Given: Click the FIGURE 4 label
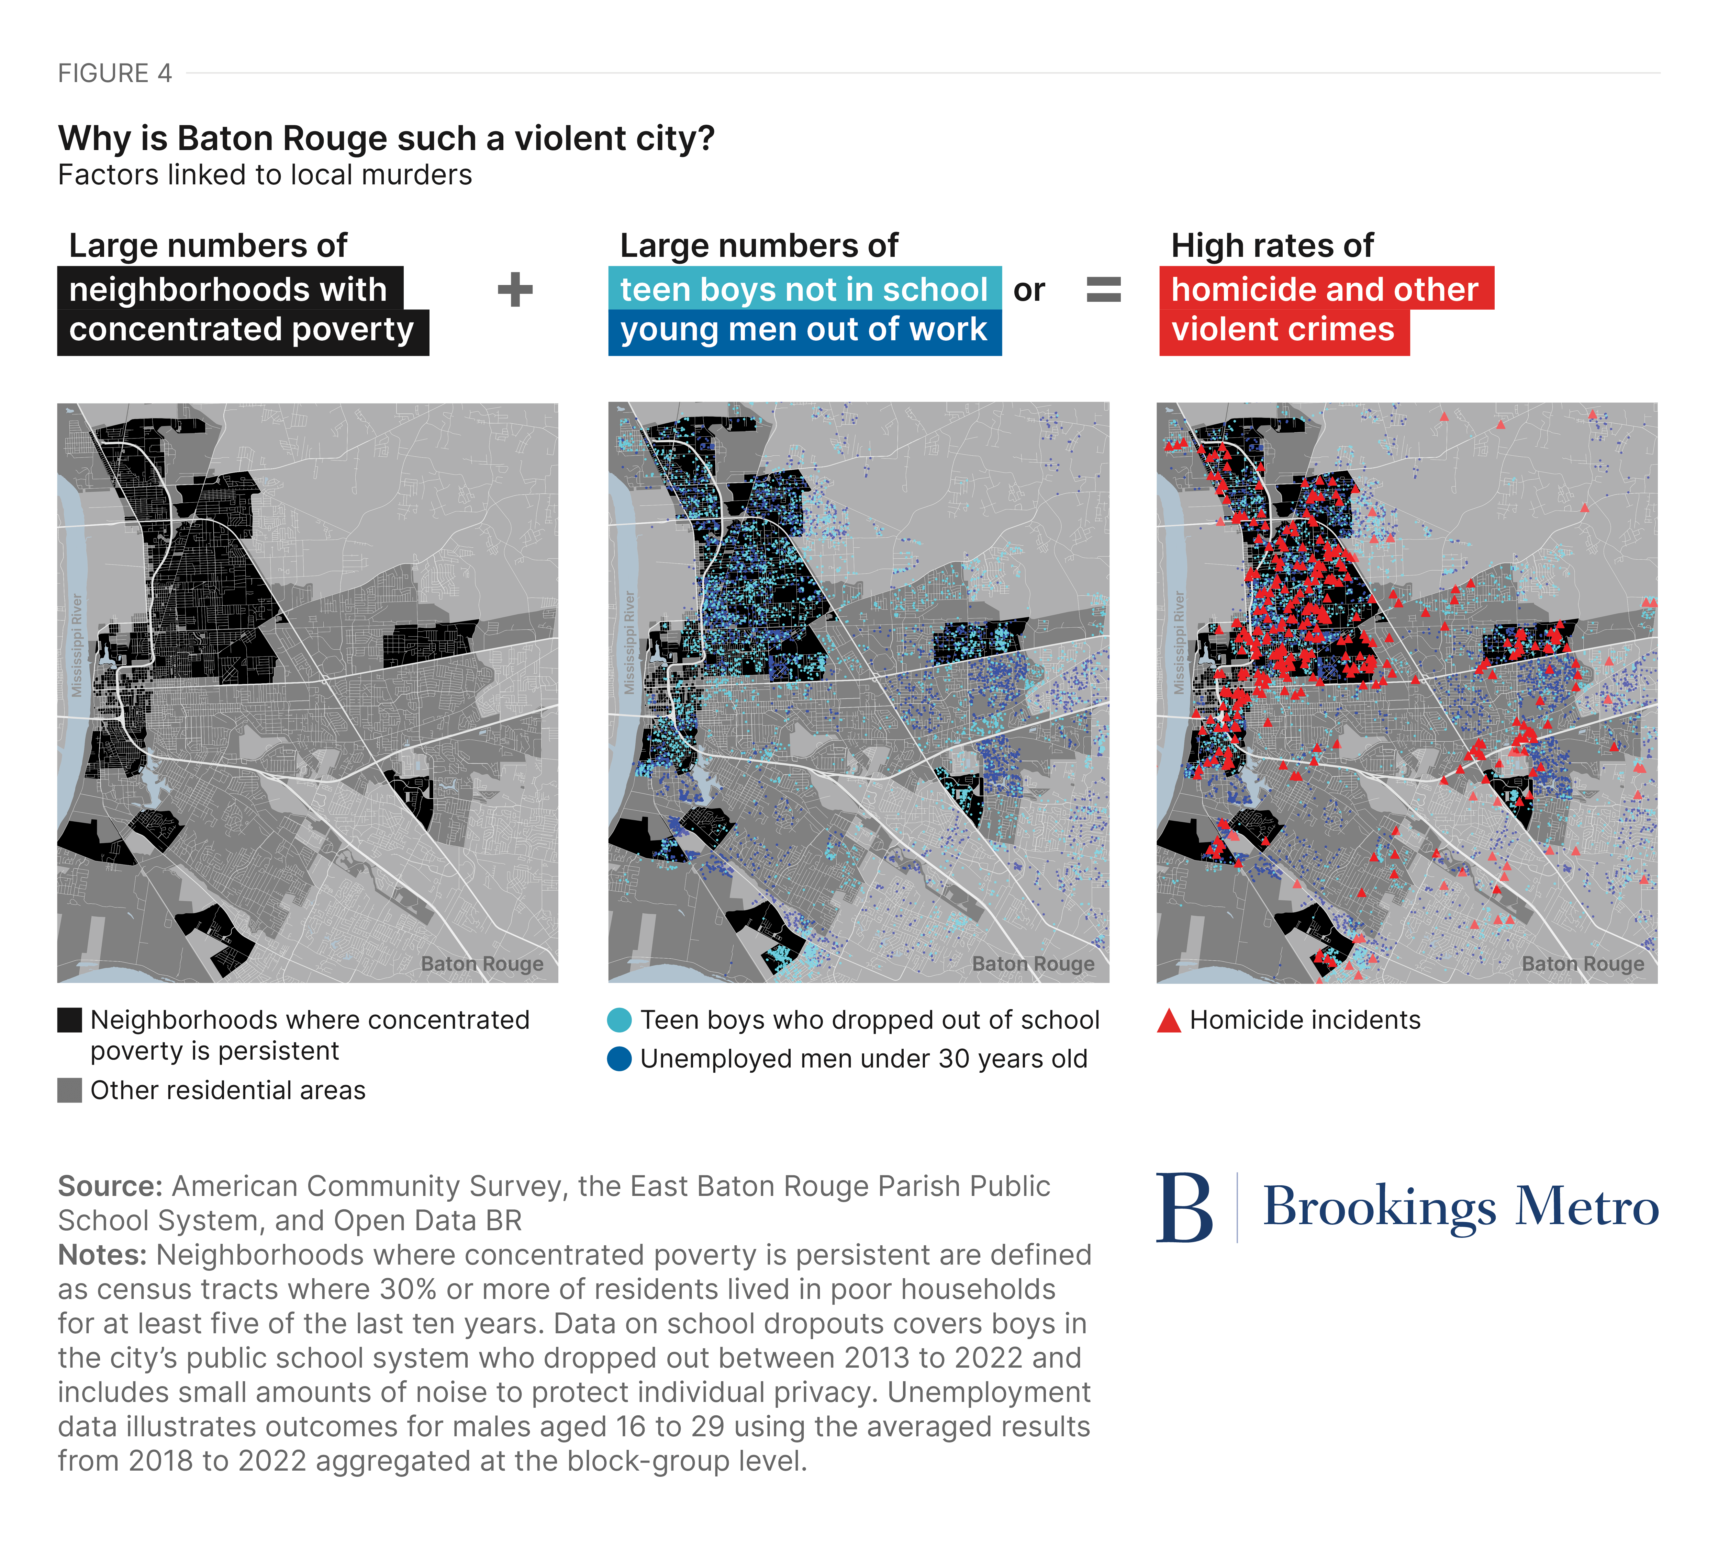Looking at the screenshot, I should pyautogui.click(x=114, y=74).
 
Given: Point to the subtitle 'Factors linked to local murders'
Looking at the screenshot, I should pyautogui.click(x=264, y=175).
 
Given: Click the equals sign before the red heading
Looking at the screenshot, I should pyautogui.click(x=1103, y=289).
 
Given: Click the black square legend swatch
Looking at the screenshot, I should pyautogui.click(x=69, y=1020).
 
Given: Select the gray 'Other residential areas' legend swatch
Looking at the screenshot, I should pyautogui.click(x=69, y=1091).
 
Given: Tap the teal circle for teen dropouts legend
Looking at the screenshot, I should pyautogui.click(x=619, y=1020).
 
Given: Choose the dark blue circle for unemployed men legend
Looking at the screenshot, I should pyautogui.click(x=619, y=1059).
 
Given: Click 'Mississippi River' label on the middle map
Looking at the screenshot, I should pyautogui.click(x=628, y=643).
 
